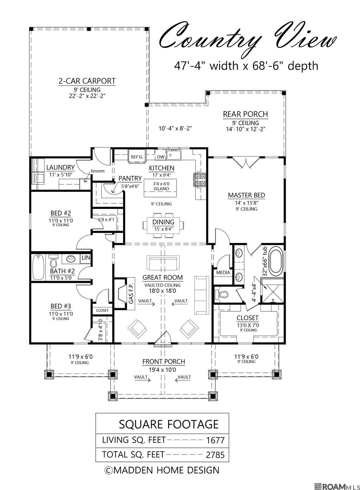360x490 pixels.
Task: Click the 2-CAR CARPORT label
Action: [87, 81]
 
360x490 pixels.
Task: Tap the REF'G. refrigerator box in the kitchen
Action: [137, 156]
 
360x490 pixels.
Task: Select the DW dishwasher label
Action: [161, 157]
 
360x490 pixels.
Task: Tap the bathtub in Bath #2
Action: [38, 267]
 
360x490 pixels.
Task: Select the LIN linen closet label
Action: [86, 257]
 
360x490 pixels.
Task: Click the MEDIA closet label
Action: [223, 273]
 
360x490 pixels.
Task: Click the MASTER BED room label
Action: [246, 195]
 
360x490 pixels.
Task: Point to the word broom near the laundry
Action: [98, 171]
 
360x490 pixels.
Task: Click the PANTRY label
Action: [130, 178]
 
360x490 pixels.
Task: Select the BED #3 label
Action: [61, 306]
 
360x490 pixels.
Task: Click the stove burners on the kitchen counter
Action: [199, 180]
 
